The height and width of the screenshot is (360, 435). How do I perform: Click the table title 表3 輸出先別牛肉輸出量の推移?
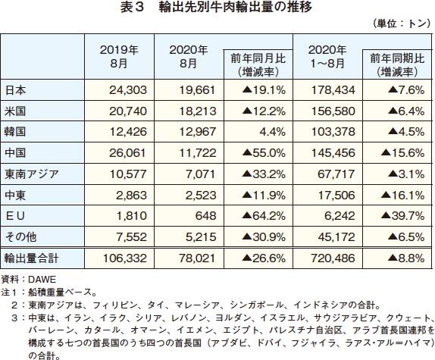(x=216, y=8)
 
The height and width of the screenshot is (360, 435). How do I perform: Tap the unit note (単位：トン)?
(x=400, y=23)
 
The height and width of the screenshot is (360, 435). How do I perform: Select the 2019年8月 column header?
(x=119, y=57)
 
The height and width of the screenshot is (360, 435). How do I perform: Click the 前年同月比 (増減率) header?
(x=258, y=65)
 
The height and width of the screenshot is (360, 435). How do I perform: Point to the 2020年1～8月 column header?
(x=327, y=57)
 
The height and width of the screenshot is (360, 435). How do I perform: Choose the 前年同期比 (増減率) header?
(x=397, y=65)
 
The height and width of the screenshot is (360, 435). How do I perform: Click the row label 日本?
(x=15, y=90)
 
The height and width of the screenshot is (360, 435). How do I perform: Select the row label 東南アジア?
(x=32, y=174)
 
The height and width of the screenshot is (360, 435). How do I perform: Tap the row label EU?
(x=15, y=216)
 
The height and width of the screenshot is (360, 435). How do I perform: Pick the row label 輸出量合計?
(x=31, y=258)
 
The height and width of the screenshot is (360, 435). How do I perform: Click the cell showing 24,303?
(x=128, y=90)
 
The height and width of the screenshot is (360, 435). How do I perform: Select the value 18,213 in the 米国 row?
(x=197, y=111)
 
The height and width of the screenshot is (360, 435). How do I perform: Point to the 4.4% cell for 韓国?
(x=272, y=132)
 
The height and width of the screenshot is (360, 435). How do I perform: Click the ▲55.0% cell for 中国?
(x=264, y=153)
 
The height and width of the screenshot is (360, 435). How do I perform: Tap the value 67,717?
(x=336, y=174)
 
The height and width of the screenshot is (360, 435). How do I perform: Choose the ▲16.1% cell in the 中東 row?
(x=403, y=196)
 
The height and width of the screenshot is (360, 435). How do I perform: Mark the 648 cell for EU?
(x=205, y=216)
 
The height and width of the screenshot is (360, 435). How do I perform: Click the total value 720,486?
(x=333, y=258)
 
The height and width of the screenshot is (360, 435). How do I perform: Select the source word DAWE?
(x=42, y=280)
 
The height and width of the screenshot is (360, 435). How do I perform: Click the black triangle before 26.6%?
(x=247, y=258)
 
